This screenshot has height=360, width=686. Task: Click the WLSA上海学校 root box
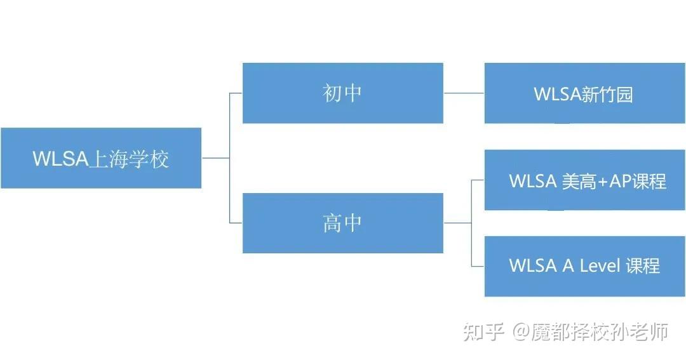(x=101, y=158)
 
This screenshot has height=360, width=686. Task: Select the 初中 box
(x=342, y=93)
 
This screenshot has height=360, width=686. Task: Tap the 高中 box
(x=342, y=223)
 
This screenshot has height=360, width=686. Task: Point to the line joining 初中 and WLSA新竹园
(x=464, y=93)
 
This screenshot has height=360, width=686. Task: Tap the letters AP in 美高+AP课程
(x=621, y=181)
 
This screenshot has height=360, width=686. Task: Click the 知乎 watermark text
(x=483, y=331)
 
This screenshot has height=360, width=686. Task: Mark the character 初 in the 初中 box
(x=332, y=93)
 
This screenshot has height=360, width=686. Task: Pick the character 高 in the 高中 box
(x=332, y=223)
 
